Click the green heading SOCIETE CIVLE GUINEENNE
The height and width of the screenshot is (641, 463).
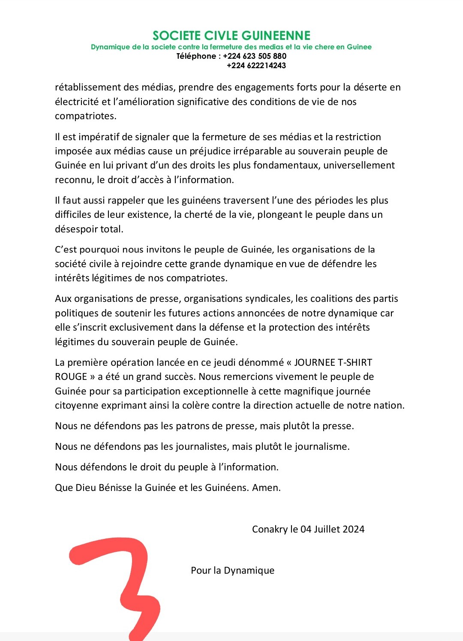tap(231, 36)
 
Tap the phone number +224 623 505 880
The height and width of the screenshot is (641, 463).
tap(255, 56)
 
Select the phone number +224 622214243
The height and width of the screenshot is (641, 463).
tap(256, 66)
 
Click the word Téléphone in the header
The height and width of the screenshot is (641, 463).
tap(196, 56)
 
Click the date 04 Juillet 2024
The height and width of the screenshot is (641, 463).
tap(332, 529)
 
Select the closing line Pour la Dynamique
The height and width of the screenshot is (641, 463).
tap(232, 570)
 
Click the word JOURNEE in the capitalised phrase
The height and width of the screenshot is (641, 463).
tap(314, 362)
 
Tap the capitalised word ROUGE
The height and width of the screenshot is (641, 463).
tap(71, 377)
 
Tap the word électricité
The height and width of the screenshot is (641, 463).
tap(77, 102)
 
